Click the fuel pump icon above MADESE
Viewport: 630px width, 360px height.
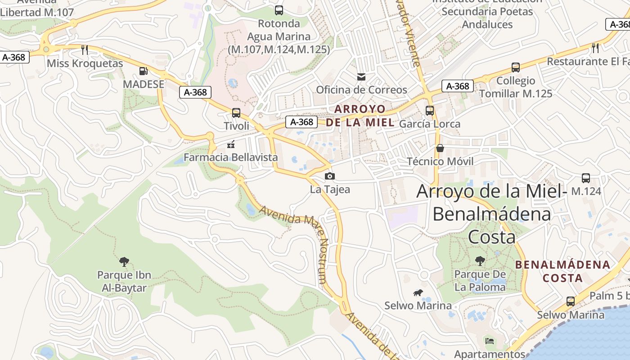click(x=143, y=71)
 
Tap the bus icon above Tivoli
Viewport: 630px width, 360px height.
click(x=236, y=112)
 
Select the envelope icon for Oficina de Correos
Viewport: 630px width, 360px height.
click(x=361, y=77)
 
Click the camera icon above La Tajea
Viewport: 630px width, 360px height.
click(x=330, y=176)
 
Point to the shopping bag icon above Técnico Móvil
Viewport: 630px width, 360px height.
click(x=440, y=148)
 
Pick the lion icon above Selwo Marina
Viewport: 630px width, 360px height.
click(x=418, y=293)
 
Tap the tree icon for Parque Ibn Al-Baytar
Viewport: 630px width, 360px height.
click(x=124, y=261)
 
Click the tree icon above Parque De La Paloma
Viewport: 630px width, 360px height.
click(x=480, y=261)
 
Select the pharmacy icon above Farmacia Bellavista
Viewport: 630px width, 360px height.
click(x=231, y=144)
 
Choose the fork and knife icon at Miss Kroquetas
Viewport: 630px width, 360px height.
click(x=84, y=49)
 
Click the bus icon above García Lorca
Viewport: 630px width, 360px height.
click(x=430, y=110)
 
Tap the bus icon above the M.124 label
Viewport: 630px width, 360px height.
click(x=586, y=178)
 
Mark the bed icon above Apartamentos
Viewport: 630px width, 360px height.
click(x=490, y=341)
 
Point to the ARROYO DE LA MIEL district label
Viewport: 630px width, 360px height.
click(x=360, y=116)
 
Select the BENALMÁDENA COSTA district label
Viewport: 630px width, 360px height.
click(x=562, y=271)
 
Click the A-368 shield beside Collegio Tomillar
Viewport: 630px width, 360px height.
click(x=458, y=86)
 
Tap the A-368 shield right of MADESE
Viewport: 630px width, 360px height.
click(x=196, y=92)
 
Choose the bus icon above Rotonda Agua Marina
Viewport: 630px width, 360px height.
click(x=279, y=10)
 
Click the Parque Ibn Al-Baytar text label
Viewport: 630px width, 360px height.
click(x=124, y=281)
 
